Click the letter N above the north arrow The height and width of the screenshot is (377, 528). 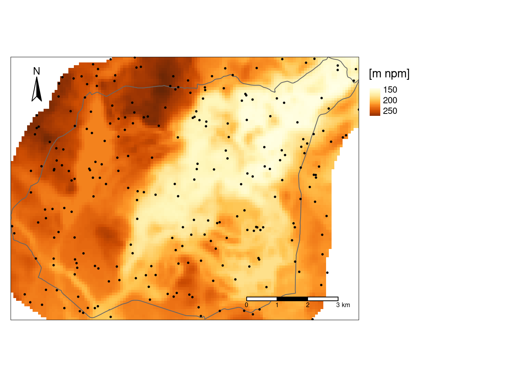click(x=37, y=71)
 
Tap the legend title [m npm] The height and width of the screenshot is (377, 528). click(x=389, y=73)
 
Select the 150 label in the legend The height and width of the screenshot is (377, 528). click(x=390, y=90)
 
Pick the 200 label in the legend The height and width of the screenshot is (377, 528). click(x=390, y=101)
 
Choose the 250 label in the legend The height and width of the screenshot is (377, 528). click(x=390, y=111)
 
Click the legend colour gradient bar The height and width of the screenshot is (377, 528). click(x=375, y=102)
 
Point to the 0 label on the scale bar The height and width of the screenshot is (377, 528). click(x=246, y=305)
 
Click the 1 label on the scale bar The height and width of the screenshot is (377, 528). click(x=277, y=305)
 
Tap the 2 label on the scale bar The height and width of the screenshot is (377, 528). click(x=308, y=305)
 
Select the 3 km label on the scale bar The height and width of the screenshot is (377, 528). click(x=343, y=305)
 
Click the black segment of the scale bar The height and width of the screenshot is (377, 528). click(x=292, y=299)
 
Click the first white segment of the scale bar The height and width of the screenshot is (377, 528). click(x=262, y=299)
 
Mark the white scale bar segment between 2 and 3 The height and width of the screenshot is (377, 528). click(x=323, y=299)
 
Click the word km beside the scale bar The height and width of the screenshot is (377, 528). click(x=346, y=305)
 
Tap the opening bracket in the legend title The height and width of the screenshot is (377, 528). click(x=370, y=74)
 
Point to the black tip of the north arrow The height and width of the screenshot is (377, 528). click(x=37, y=78)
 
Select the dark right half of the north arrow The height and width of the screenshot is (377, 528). click(x=39, y=92)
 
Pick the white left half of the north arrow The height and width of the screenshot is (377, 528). click(x=35, y=92)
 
